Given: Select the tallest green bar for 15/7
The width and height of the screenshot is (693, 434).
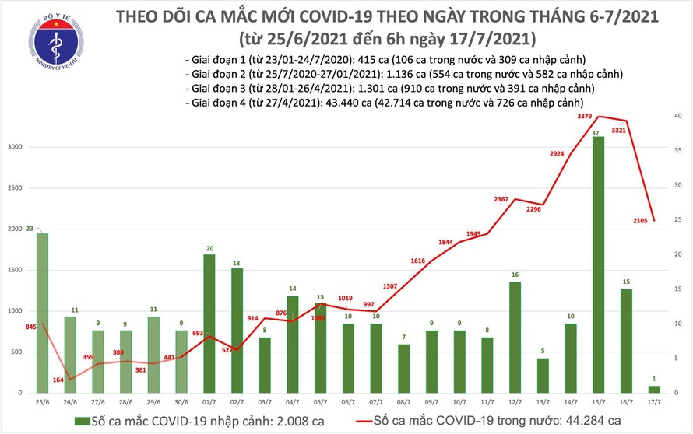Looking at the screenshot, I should click(598, 264).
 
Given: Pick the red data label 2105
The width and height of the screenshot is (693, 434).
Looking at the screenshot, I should click(641, 220).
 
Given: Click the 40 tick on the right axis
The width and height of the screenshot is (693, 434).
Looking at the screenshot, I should click(678, 116).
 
